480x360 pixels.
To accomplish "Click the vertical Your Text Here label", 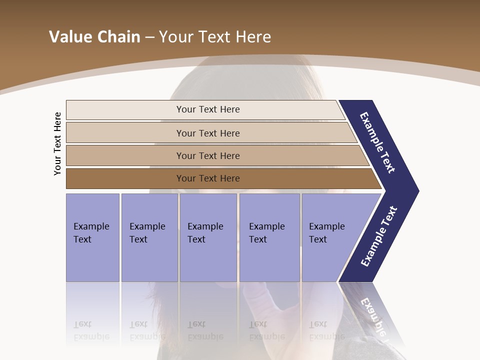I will click(x=57, y=144).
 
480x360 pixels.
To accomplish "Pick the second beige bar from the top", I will click(x=208, y=133).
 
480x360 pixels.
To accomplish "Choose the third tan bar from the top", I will click(x=208, y=155).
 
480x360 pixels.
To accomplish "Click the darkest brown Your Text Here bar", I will click(x=208, y=178).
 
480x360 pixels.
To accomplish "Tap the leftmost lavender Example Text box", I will click(x=92, y=237).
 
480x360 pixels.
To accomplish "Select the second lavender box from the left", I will click(x=149, y=237).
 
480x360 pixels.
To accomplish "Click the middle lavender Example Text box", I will click(x=208, y=237).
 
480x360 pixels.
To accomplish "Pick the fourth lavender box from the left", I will click(x=269, y=237).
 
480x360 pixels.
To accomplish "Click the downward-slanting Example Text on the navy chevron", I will click(x=377, y=142).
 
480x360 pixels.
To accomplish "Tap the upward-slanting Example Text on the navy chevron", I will click(x=378, y=236).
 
